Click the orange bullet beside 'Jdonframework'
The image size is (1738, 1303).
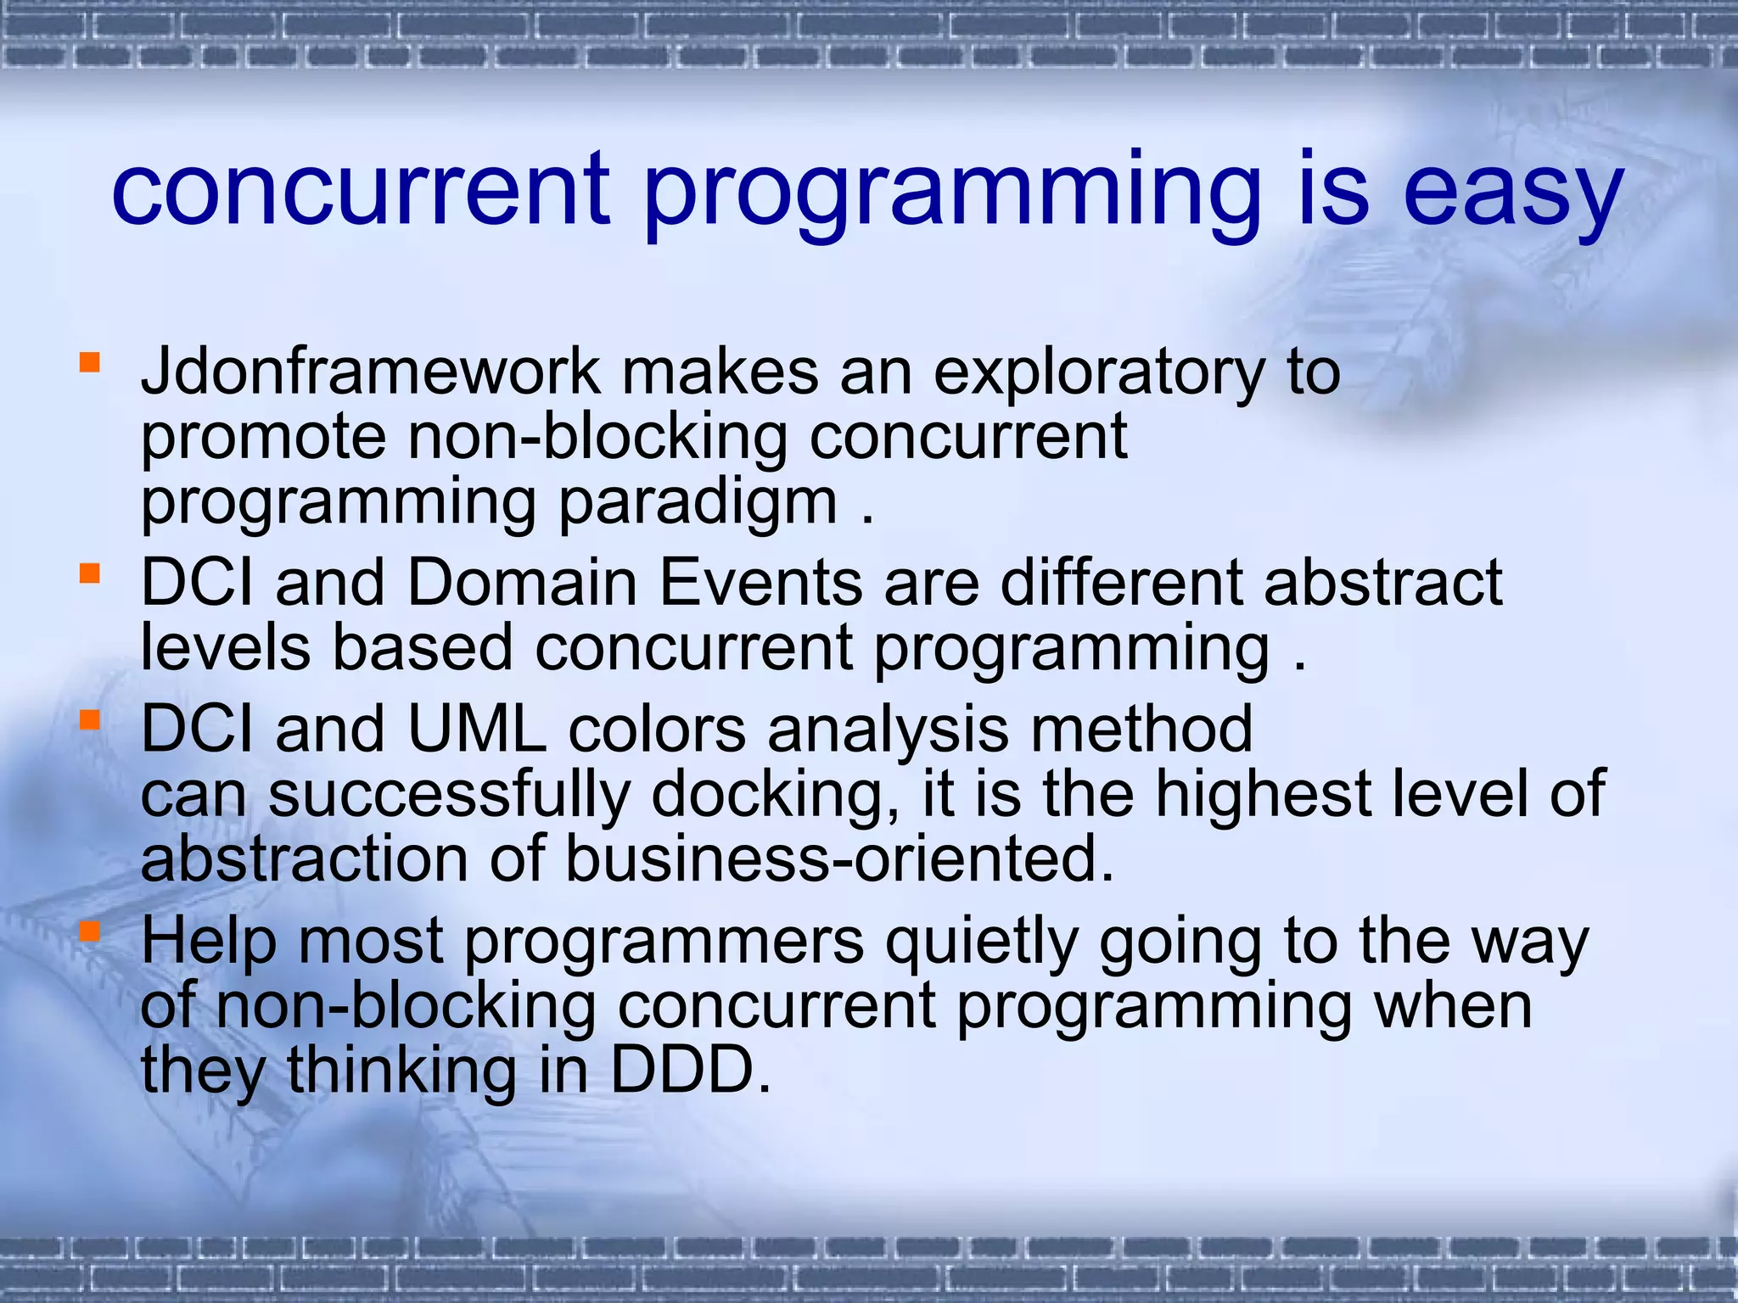point(89,363)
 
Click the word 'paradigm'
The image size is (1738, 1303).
point(698,504)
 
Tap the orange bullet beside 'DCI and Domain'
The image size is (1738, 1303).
point(89,574)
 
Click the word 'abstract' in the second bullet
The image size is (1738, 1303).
point(1382,583)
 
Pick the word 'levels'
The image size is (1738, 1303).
point(226,647)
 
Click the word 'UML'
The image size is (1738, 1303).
point(477,730)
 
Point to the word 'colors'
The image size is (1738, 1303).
point(657,730)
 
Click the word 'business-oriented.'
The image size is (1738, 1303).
point(838,858)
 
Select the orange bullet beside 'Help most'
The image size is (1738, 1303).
point(89,932)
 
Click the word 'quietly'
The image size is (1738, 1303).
point(981,943)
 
